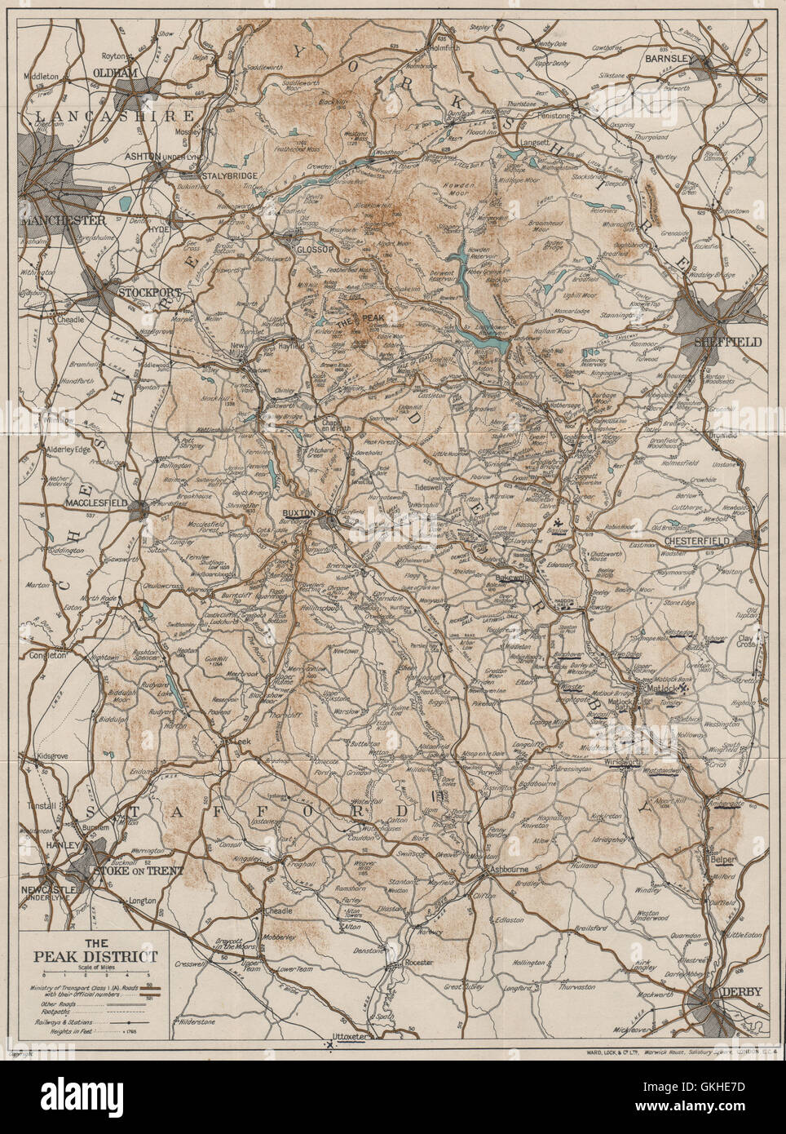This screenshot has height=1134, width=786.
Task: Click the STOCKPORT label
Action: coord(148,290)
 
